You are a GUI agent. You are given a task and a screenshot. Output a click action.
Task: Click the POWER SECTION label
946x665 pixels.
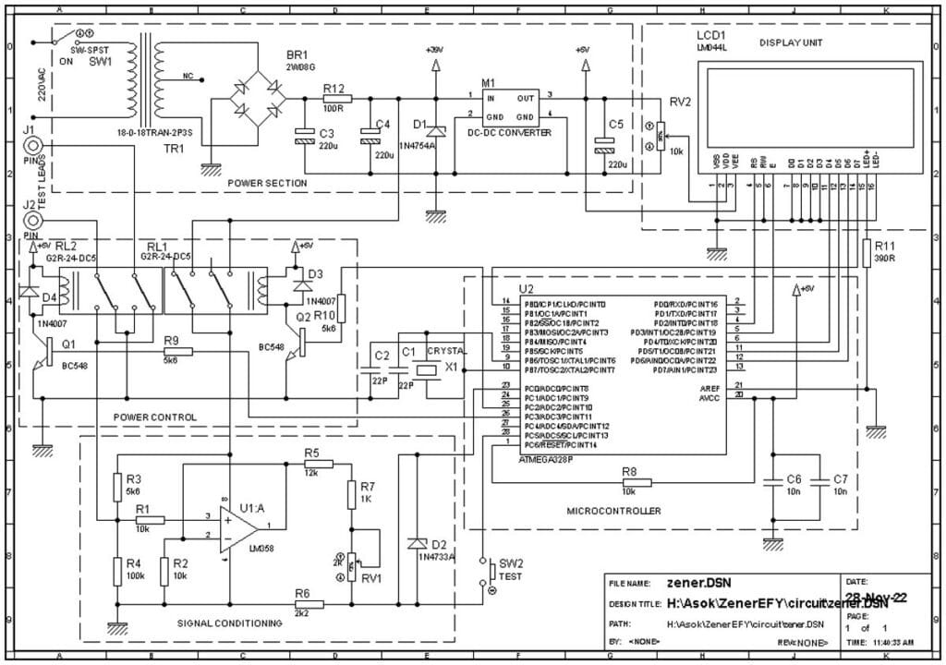[266, 183]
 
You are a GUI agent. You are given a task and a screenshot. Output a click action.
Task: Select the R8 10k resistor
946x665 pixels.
[637, 482]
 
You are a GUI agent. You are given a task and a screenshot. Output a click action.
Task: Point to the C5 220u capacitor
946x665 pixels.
[605, 143]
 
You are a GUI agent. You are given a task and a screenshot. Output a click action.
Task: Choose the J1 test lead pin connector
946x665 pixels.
[33, 145]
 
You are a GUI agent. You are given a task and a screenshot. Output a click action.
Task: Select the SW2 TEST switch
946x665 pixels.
[482, 572]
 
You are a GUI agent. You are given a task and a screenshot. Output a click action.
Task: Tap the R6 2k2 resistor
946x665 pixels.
[309, 604]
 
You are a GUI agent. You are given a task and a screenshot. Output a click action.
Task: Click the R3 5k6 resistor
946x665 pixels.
[118, 487]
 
